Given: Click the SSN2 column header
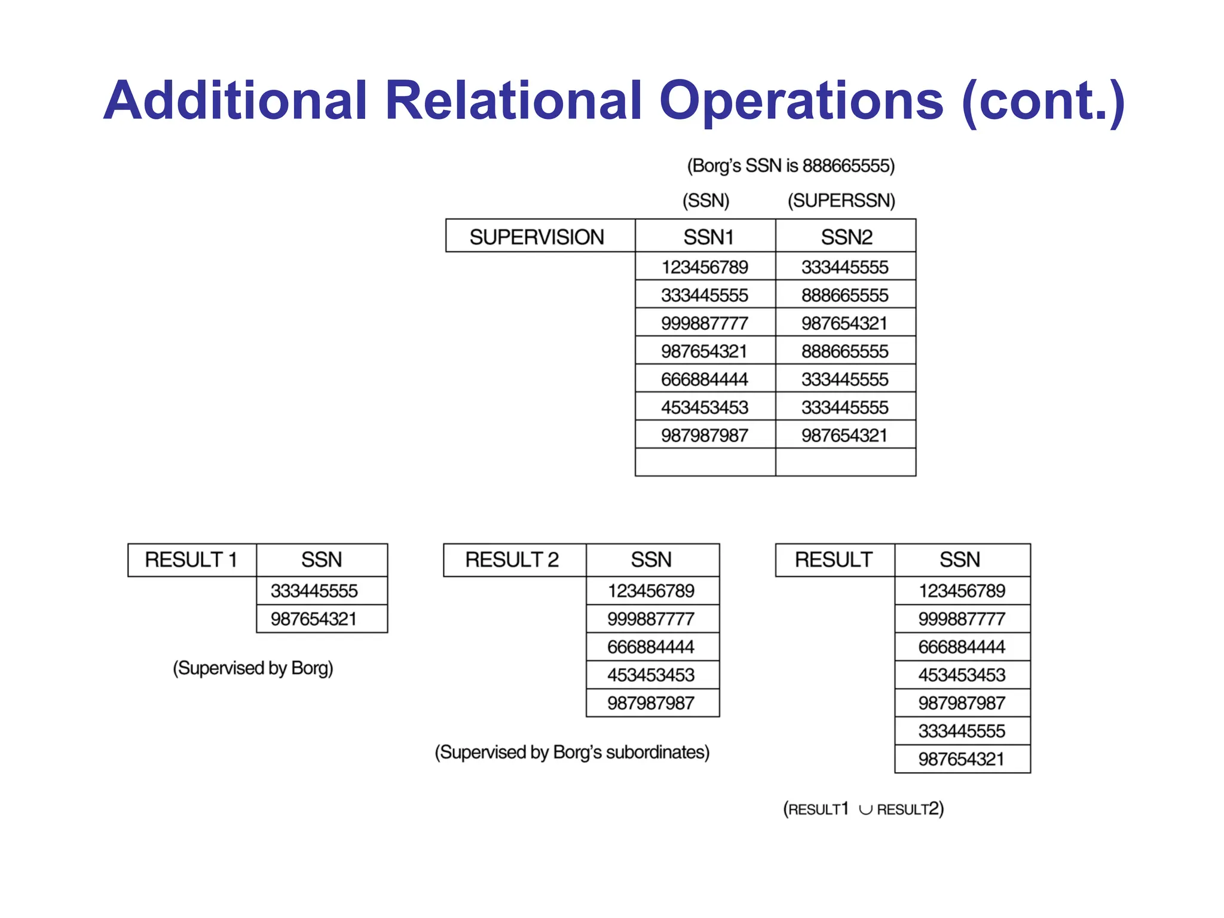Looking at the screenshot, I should [846, 237].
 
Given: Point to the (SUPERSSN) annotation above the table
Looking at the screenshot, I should [841, 200].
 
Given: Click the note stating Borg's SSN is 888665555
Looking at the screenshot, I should [791, 166].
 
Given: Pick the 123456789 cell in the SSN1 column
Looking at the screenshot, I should [705, 267].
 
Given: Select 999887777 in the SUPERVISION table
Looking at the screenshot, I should [705, 323].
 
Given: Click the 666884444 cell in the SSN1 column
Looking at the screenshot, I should [705, 379].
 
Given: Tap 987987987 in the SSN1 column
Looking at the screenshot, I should [705, 435].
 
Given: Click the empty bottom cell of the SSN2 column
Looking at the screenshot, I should [846, 463].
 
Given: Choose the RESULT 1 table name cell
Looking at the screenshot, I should [192, 560].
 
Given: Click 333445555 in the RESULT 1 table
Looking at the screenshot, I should [314, 590].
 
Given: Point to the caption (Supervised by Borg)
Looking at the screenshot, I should [253, 668].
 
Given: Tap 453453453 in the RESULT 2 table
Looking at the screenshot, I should [651, 675].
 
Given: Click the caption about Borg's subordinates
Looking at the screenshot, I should [572, 752].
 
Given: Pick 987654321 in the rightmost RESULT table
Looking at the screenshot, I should [962, 759].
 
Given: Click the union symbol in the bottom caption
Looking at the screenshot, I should [865, 810].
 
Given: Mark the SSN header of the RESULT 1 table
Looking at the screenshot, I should [322, 560].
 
